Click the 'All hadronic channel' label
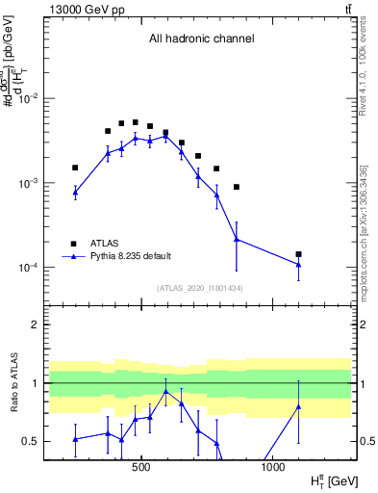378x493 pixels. tap(201, 39)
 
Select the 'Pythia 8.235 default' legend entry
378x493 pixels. tap(131, 256)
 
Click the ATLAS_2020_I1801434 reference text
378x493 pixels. tap(199, 288)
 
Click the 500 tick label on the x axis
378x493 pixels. tap(141, 466)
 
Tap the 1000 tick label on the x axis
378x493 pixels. tap(273, 466)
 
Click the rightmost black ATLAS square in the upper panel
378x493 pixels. tap(299, 254)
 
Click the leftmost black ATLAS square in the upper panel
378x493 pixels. tap(75, 168)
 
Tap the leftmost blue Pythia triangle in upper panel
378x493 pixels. tap(75, 193)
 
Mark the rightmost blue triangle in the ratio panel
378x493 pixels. tap(299, 406)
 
